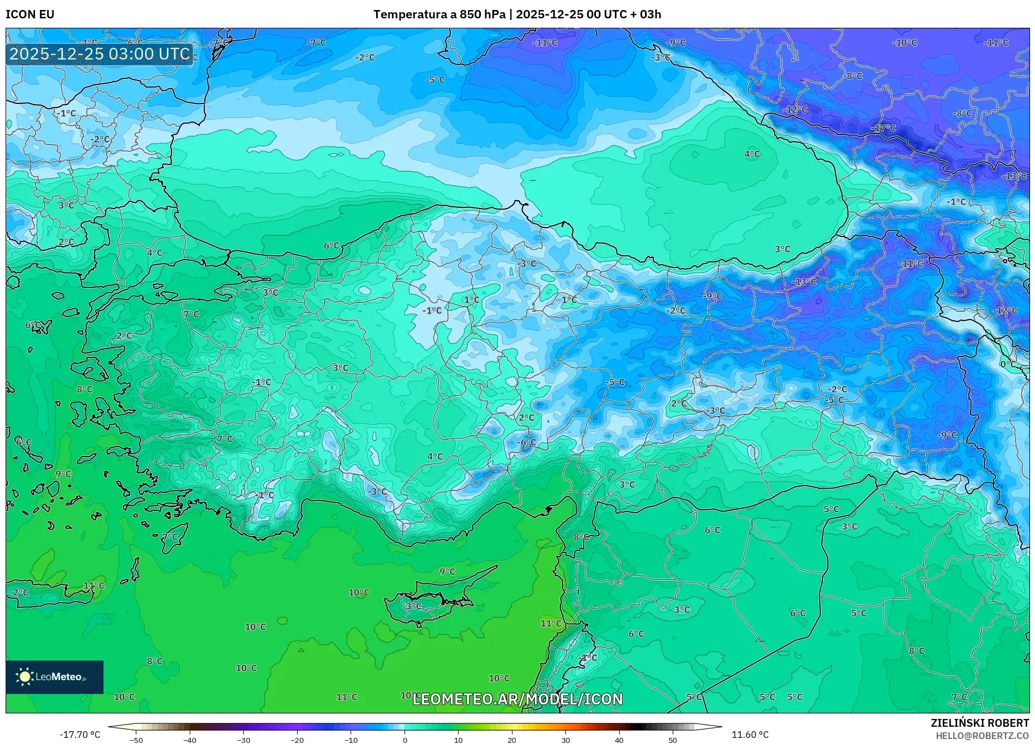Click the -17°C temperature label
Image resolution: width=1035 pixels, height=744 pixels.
883,128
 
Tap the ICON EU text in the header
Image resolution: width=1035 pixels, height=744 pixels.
30,14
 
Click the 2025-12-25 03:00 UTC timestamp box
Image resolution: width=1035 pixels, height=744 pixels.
100,54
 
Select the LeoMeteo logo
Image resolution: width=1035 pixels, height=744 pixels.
55,677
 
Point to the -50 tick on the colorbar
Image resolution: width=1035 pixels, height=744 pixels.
136,740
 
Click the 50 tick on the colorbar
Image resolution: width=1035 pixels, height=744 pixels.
673,740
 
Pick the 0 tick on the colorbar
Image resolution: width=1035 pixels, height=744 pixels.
405,740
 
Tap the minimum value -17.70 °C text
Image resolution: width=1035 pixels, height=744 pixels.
80,735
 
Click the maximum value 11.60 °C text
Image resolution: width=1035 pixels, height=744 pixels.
750,735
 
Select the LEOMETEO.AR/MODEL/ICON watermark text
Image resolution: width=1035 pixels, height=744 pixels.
517,699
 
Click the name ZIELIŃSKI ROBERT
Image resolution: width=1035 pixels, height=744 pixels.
979,723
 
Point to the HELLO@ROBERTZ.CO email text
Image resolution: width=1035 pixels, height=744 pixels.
982,736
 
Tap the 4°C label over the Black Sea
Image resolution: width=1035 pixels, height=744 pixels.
752,154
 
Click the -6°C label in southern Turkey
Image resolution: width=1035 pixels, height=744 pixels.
526,443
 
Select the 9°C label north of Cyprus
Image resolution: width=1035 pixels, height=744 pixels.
447,572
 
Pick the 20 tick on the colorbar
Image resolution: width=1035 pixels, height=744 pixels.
512,740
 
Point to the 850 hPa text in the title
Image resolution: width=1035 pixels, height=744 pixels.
482,14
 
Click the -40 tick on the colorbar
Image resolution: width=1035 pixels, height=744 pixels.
190,740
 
